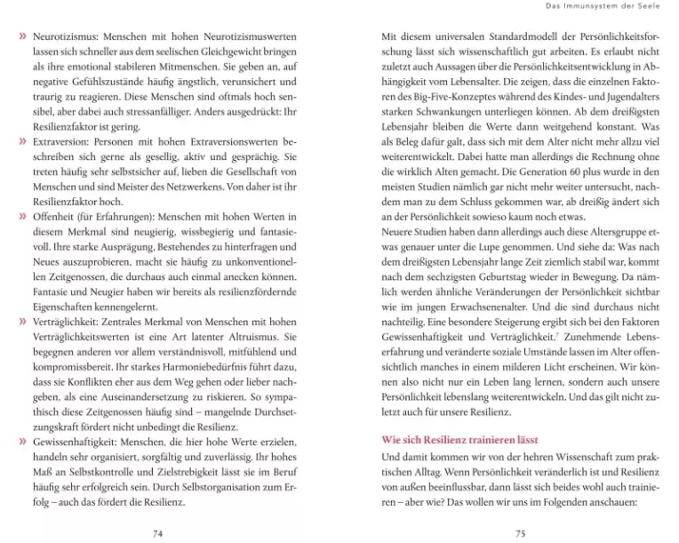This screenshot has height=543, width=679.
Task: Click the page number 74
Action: pos(158,531)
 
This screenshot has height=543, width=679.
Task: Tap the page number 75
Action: pos(520,531)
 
